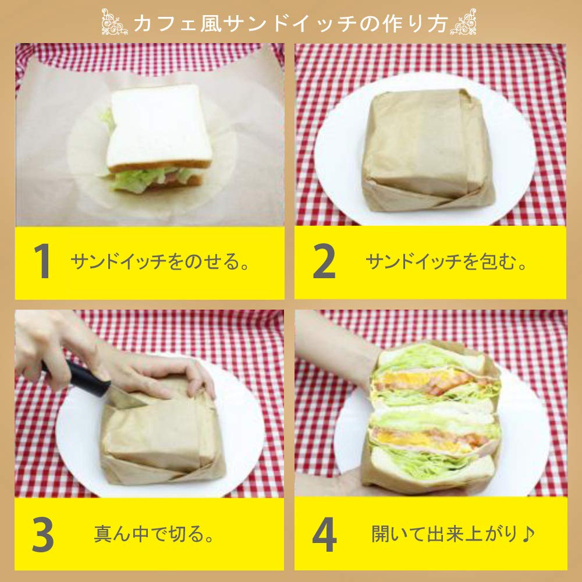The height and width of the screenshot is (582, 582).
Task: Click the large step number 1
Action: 42,261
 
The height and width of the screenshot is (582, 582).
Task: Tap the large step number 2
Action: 324,261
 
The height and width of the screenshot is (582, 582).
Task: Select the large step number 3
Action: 42,534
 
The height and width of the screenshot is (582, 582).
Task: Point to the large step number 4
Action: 324,534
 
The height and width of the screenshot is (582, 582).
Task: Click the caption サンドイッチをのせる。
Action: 160,262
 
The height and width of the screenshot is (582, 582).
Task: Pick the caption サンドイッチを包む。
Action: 446,262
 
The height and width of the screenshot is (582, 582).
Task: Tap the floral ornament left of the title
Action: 115,22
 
